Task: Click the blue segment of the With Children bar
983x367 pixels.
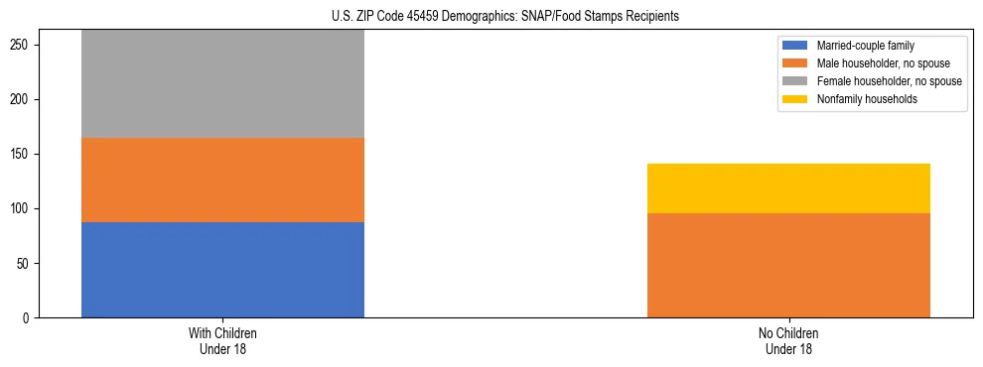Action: pyautogui.click(x=222, y=270)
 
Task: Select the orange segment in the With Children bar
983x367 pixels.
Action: pyautogui.click(x=222, y=180)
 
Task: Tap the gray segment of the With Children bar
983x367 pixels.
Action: pyautogui.click(x=222, y=84)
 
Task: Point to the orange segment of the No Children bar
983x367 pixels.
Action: pyautogui.click(x=788, y=265)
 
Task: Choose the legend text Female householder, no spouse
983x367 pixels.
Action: pyautogui.click(x=888, y=81)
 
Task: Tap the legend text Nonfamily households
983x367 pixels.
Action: pyautogui.click(x=861, y=99)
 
